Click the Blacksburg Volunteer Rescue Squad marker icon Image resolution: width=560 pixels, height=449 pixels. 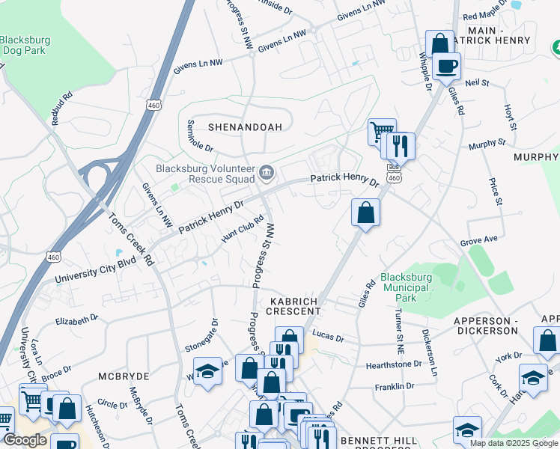(266, 174)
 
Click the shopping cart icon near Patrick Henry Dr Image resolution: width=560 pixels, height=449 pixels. (382, 132)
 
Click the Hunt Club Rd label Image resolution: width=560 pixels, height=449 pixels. (243, 229)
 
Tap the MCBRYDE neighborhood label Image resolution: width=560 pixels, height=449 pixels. (124, 375)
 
